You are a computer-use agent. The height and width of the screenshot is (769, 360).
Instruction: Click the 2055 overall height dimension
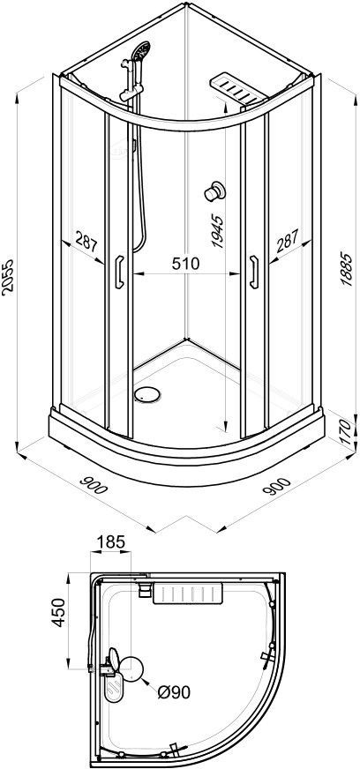click(x=8, y=276)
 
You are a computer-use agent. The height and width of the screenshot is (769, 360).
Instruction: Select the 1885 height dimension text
click(x=346, y=269)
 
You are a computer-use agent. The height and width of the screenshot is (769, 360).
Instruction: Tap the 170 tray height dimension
click(x=346, y=430)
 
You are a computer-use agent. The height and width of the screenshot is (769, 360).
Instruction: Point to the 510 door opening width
click(x=185, y=264)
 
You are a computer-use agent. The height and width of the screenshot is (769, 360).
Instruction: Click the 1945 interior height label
click(x=218, y=233)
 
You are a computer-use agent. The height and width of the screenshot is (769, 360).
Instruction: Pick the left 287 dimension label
click(x=86, y=243)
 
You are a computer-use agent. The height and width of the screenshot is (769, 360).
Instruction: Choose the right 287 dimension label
click(x=287, y=242)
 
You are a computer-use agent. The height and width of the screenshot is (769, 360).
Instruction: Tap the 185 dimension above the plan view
click(x=111, y=542)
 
